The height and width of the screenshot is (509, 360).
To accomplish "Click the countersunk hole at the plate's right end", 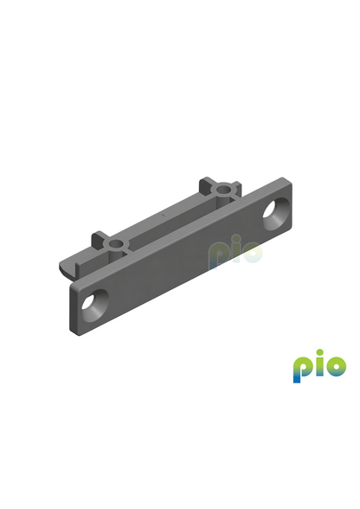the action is coord(276,214).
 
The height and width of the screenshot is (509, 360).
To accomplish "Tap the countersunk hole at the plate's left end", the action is coord(95,305).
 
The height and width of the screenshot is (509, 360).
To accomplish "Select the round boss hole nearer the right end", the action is coord(222,189).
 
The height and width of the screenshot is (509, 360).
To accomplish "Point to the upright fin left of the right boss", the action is coord(204,186).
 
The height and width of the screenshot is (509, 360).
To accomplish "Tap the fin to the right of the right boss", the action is coord(236,188).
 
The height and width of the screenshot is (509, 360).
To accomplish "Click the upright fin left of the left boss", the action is coord(98,241).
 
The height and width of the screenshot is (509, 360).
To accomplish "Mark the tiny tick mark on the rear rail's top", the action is coord(164,215).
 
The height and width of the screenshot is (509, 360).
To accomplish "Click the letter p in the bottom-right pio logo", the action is coord(300,370).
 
